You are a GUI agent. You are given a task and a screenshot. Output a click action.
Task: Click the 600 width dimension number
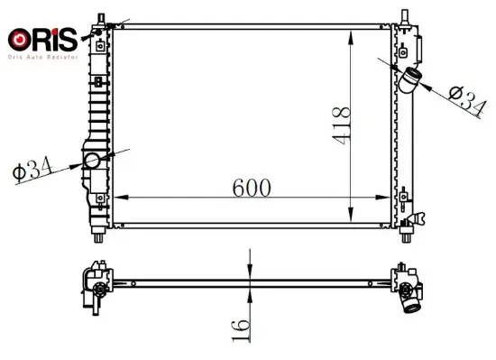click(x=252, y=188)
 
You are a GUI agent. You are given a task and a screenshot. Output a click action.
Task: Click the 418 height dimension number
click(x=341, y=126)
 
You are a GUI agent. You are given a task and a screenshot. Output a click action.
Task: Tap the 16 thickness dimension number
click(x=241, y=330)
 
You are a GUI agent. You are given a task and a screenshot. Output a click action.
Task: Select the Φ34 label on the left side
click(x=32, y=169)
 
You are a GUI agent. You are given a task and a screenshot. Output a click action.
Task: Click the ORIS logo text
click(x=42, y=39)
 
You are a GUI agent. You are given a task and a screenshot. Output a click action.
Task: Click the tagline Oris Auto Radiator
click(x=42, y=57)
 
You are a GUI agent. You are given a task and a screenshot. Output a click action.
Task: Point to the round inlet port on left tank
click(x=92, y=161)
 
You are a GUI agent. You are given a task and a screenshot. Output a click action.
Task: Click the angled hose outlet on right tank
click(x=409, y=80)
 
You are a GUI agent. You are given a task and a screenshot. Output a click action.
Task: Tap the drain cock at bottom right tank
click(x=417, y=218)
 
